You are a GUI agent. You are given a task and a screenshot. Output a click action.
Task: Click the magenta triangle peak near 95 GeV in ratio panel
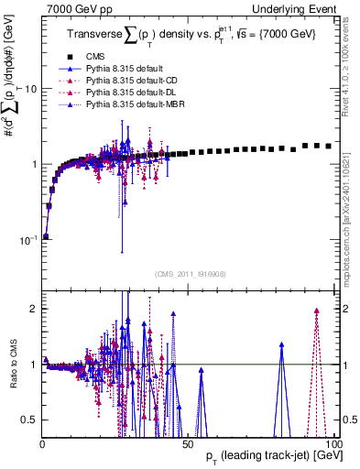[316, 311]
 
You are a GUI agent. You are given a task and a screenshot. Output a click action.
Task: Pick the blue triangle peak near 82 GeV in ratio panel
[282, 344]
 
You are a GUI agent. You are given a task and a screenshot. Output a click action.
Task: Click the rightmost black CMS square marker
[329, 146]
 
